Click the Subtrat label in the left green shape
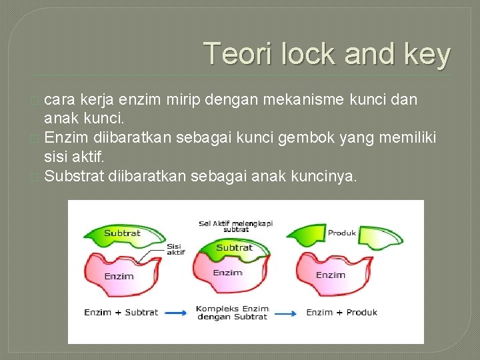122,233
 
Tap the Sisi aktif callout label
175,249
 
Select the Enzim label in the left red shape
119,276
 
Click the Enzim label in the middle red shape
227,273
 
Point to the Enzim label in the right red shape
331,275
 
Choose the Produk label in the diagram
342,233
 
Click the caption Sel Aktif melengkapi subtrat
236,226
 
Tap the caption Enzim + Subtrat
121,312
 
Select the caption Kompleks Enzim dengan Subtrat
232,313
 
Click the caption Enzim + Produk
341,312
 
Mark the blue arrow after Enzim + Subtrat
175,312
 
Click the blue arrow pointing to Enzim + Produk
287,312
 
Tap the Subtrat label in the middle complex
234,247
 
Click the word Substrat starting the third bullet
73,176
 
